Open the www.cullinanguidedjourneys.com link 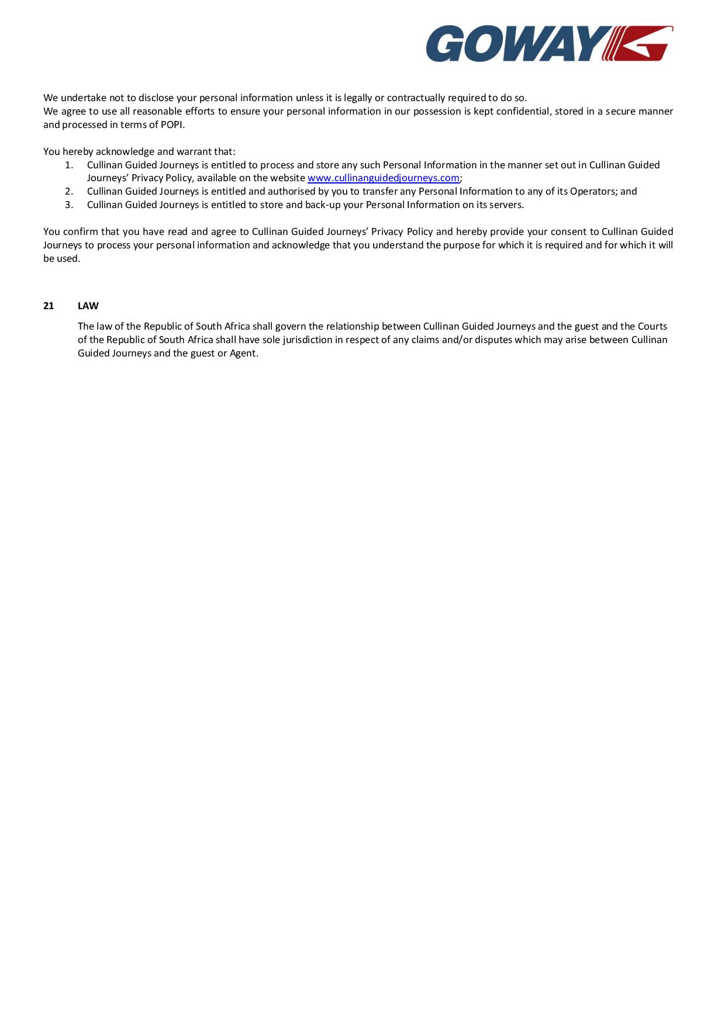[x=383, y=178]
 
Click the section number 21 [x=49, y=306]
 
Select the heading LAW [x=88, y=306]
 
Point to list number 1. [x=69, y=165]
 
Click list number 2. [x=69, y=191]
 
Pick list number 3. [x=69, y=205]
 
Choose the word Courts [x=652, y=326]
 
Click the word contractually [x=416, y=98]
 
